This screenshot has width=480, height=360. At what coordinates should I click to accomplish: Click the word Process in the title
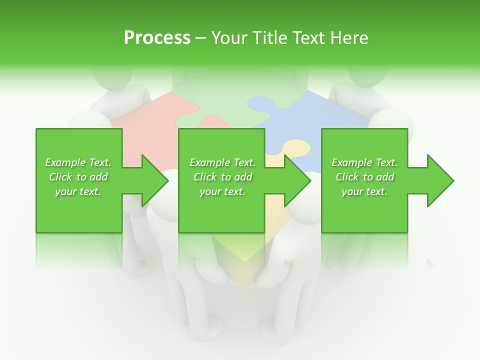157,38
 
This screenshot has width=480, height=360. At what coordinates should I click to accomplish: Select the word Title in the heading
269,38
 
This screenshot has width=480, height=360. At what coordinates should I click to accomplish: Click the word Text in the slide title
310,38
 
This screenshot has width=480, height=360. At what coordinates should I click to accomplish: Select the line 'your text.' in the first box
78,191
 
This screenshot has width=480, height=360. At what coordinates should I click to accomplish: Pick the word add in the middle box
243,177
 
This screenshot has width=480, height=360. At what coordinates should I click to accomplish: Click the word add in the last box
385,177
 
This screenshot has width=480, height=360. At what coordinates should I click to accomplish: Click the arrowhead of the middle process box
297,180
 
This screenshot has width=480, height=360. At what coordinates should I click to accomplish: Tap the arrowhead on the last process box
440,180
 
